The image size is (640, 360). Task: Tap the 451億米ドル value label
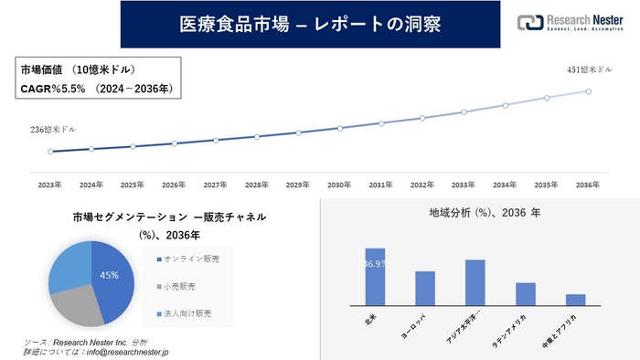587,70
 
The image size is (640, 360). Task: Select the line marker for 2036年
588,90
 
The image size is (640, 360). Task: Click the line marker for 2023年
50,152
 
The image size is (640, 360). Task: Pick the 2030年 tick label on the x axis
339,185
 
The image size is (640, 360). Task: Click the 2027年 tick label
215,185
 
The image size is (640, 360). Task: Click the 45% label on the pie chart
110,275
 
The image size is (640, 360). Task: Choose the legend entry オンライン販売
189,259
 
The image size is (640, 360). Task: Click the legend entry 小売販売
181,286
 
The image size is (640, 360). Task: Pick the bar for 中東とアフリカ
575,299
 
